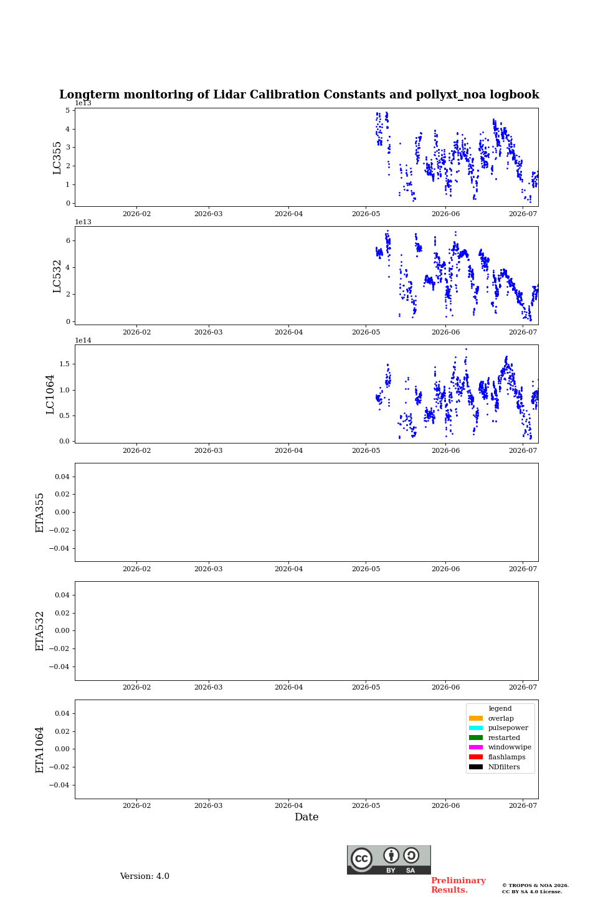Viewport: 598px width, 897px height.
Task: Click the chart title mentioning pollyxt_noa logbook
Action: click(x=299, y=95)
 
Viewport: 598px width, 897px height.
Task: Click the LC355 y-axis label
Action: click(x=57, y=158)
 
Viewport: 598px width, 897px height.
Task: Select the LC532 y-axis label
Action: click(x=57, y=276)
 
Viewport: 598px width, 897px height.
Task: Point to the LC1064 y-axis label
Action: click(x=50, y=394)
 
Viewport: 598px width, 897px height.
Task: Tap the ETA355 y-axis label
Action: click(x=39, y=513)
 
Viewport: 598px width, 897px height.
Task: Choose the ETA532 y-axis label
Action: click(x=39, y=630)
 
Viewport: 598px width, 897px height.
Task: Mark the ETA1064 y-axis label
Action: click(x=39, y=749)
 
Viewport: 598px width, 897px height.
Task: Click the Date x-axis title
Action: click(x=306, y=817)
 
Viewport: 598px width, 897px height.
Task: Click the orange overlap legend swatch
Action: click(x=475, y=718)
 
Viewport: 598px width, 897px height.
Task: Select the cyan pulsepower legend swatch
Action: click(x=475, y=728)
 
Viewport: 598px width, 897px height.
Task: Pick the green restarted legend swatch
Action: click(x=475, y=738)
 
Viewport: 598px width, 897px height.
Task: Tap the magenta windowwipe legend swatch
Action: click(x=475, y=747)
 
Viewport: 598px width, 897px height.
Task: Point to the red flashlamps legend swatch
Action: click(x=475, y=757)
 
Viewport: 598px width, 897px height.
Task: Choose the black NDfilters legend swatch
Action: click(x=475, y=767)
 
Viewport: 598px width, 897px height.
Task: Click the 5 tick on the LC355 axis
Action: click(x=68, y=110)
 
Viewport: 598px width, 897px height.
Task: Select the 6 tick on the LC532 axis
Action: click(x=68, y=240)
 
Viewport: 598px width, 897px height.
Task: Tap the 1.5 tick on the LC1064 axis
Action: click(x=64, y=364)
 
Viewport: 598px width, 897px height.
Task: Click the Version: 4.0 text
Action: click(x=145, y=876)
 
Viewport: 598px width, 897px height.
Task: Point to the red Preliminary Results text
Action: click(x=458, y=885)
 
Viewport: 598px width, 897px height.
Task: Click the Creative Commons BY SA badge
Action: click(x=389, y=860)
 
